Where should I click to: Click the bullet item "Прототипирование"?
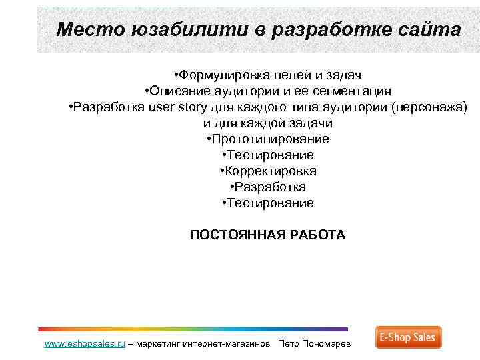point(269,139)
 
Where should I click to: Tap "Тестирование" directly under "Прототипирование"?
point(269,155)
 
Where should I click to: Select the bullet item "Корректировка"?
point(270,171)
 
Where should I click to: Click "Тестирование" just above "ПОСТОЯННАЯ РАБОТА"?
point(269,203)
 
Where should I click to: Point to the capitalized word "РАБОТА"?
point(319,235)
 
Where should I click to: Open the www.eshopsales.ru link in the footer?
point(85,344)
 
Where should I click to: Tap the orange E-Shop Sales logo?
point(408,337)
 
